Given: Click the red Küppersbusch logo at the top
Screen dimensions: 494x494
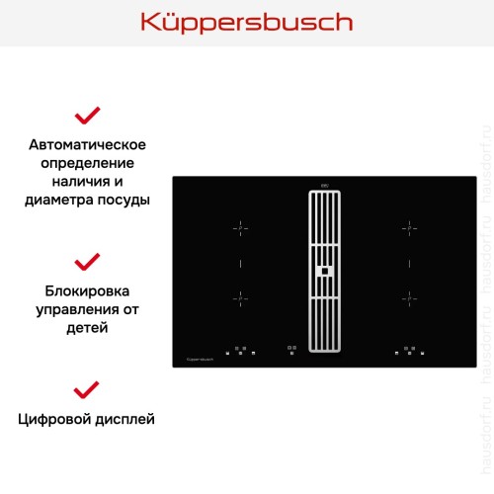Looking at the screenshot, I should [x=246, y=23].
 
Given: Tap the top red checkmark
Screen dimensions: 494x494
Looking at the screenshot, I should [x=88, y=116].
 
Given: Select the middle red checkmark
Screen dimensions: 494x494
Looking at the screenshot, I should [x=88, y=262].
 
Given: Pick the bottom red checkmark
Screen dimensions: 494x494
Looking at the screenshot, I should [x=88, y=387].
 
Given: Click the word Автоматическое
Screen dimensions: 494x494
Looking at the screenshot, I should [x=88, y=145].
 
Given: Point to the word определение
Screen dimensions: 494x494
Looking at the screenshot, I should [x=88, y=163].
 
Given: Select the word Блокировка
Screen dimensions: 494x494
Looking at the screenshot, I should [x=88, y=291].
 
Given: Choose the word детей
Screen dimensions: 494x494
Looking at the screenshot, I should [x=88, y=327].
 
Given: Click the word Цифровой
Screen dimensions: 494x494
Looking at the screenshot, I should [x=53, y=419].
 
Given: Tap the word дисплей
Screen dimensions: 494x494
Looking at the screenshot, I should [x=123, y=419].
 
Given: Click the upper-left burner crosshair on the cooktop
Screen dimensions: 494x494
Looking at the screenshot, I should [x=238, y=229].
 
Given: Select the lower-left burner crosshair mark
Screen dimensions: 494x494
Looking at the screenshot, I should [x=238, y=295].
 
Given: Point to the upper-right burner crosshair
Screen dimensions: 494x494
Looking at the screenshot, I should [x=407, y=229].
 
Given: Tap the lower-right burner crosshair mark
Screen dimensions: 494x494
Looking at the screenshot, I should [x=407, y=295].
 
